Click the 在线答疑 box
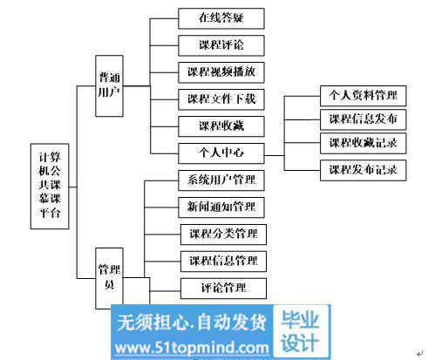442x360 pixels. pyautogui.click(x=221, y=18)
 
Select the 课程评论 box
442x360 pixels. pyautogui.click(x=221, y=45)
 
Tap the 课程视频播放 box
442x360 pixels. pyautogui.click(x=221, y=72)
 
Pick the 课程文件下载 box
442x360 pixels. pyautogui.click(x=221, y=99)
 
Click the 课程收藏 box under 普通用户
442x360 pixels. pyautogui.click(x=221, y=126)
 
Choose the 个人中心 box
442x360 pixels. pyautogui.click(x=221, y=153)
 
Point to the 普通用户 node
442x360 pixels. pyautogui.click(x=109, y=86)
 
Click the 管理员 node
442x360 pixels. pyautogui.click(x=109, y=278)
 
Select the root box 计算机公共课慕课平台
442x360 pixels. pyautogui.click(x=50, y=187)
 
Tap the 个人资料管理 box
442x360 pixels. pyautogui.click(x=363, y=96)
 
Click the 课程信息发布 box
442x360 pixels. pyautogui.click(x=363, y=119)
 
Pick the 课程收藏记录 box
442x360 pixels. pyautogui.click(x=363, y=143)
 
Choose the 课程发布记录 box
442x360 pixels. pyautogui.click(x=363, y=170)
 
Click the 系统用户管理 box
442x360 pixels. pyautogui.click(x=221, y=180)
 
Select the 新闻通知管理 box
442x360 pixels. pyautogui.click(x=221, y=207)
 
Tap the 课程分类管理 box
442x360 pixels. pyautogui.click(x=223, y=234)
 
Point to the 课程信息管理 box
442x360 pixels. pyautogui.click(x=223, y=262)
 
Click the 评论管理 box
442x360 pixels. pyautogui.click(x=223, y=289)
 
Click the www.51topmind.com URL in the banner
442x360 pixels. pyautogui.click(x=192, y=348)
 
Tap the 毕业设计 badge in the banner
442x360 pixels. pyautogui.click(x=301, y=331)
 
